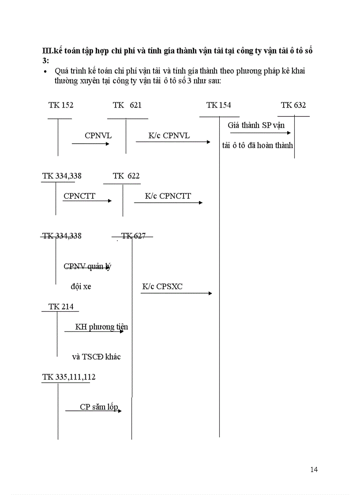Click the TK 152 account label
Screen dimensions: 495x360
pos(61,105)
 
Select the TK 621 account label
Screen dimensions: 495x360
pos(127,105)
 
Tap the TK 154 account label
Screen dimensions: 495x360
pos(218,105)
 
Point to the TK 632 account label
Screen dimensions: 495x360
pos(293,105)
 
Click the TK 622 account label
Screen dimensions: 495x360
pos(126,176)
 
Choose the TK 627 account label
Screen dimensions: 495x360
pos(133,236)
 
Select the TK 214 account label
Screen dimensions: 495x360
pos(61,307)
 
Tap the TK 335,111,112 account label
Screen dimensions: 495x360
pos(69,377)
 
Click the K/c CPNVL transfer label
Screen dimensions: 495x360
pos(169,136)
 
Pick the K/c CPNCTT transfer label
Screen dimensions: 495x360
pos(168,196)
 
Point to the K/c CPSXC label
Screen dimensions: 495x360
pos(162,287)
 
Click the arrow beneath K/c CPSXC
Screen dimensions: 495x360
pos(176,293)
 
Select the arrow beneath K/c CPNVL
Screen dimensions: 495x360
pos(173,142)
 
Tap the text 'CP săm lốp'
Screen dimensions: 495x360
pos(99,407)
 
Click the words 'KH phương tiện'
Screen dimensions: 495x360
pos(101,327)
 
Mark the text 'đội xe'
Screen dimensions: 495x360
pos(81,287)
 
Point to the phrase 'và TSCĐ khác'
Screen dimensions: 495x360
pos(96,357)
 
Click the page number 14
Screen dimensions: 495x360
pos(314,469)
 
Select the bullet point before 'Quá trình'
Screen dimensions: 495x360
pos(46,71)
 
